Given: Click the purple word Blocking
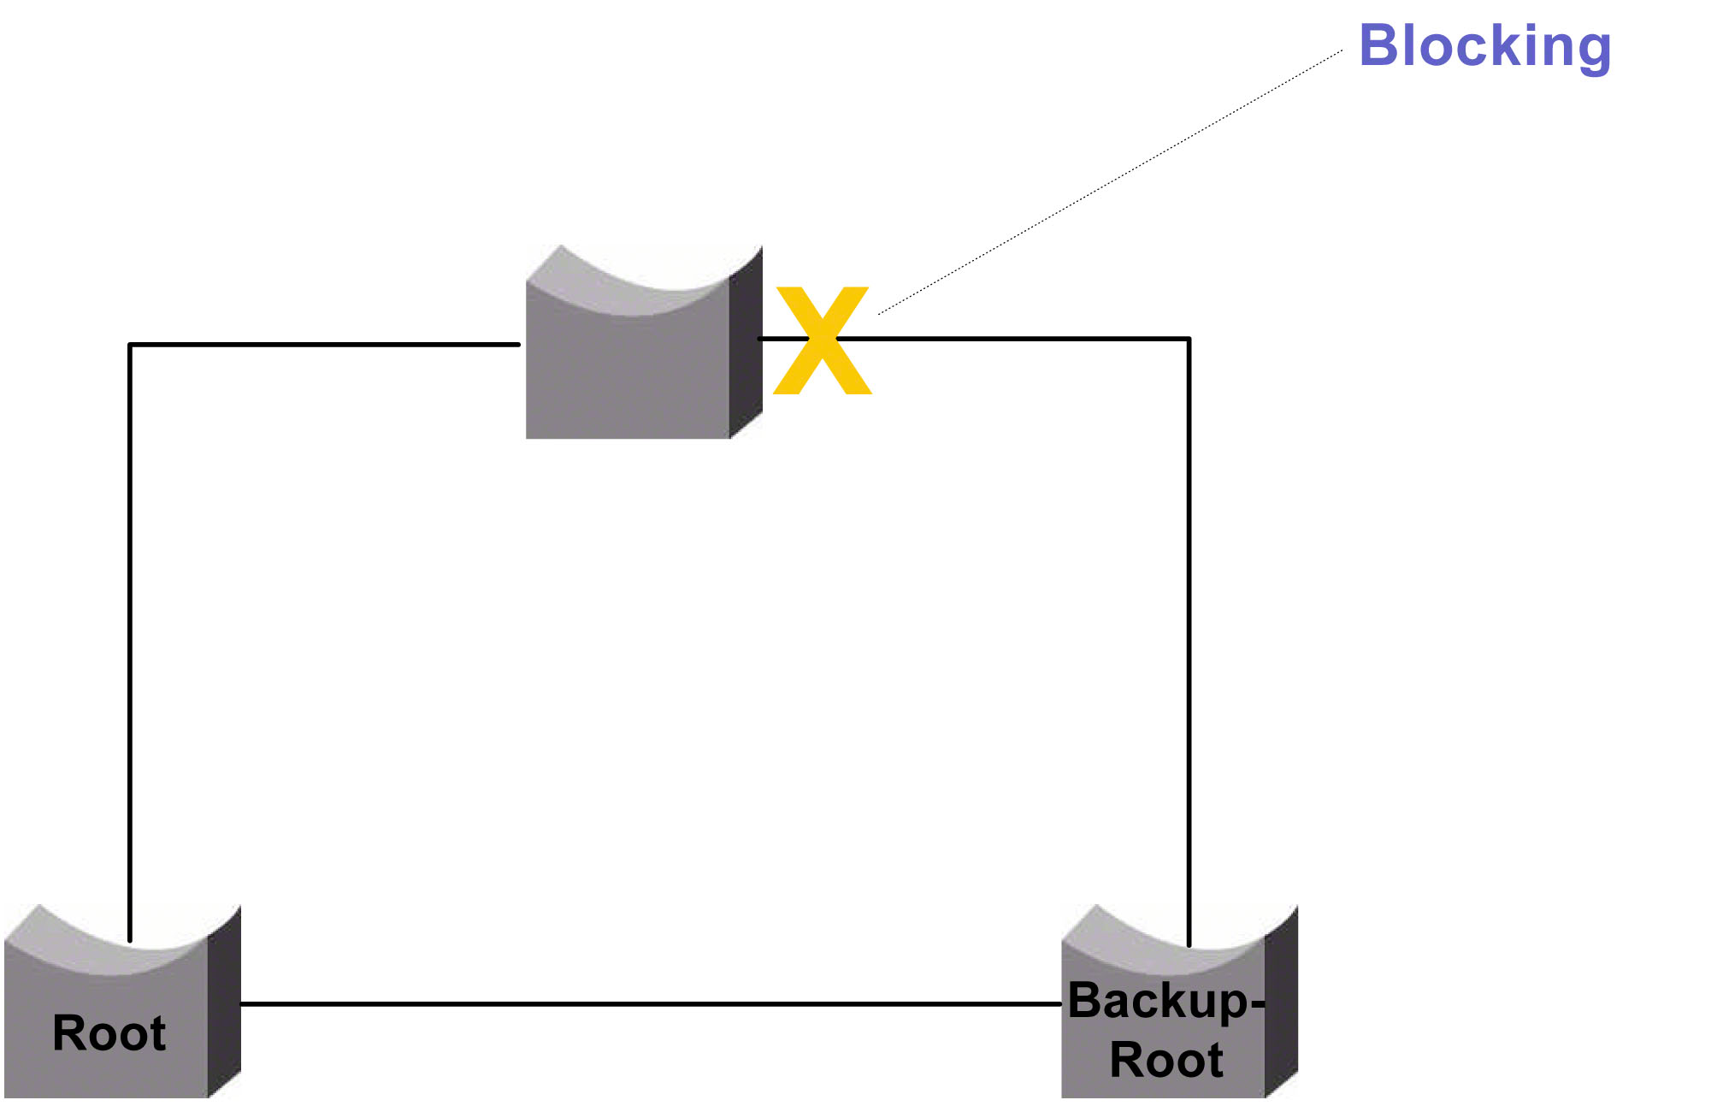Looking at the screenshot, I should coord(1484,46).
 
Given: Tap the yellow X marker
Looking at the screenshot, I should coord(822,340).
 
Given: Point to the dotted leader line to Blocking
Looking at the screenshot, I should coord(1112,182).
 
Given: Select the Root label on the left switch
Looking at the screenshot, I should coord(109,1032).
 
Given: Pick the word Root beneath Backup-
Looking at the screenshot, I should coord(1165,1060).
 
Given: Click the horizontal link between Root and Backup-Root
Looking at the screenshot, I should coord(650,1003).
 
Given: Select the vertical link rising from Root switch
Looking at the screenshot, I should coord(130,642).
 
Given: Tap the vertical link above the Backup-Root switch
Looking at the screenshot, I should coord(1189,642).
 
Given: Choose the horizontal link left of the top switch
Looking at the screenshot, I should coord(325,345).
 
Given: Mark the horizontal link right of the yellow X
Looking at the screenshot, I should coord(1026,339).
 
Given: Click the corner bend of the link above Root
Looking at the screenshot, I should coord(130,346).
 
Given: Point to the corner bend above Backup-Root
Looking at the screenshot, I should coord(1189,340).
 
